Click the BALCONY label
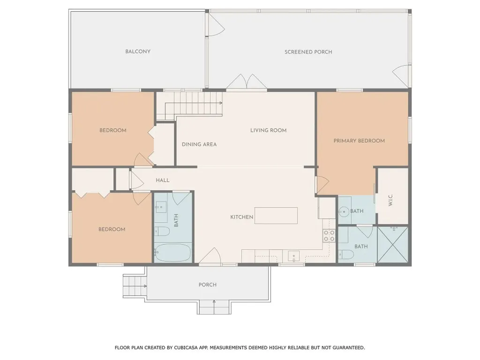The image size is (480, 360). (x=138, y=52)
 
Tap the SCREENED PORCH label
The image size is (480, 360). (x=308, y=52)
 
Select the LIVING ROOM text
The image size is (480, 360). (x=268, y=130)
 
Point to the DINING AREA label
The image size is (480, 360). (x=199, y=144)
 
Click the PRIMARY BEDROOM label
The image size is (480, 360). (x=359, y=141)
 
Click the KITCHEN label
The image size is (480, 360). (x=241, y=217)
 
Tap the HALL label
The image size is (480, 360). (x=163, y=180)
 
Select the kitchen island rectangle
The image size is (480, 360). (x=276, y=216)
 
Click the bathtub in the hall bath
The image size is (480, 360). (x=173, y=253)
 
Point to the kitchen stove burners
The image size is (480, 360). (x=329, y=236)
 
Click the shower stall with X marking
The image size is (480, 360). (x=393, y=245)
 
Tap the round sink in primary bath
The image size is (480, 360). (x=344, y=212)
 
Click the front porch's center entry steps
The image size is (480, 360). (x=214, y=307)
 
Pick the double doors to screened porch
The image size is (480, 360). (x=247, y=82)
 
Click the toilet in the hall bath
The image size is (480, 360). (x=162, y=231)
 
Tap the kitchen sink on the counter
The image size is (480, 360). (x=294, y=256)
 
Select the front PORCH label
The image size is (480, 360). (x=207, y=285)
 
